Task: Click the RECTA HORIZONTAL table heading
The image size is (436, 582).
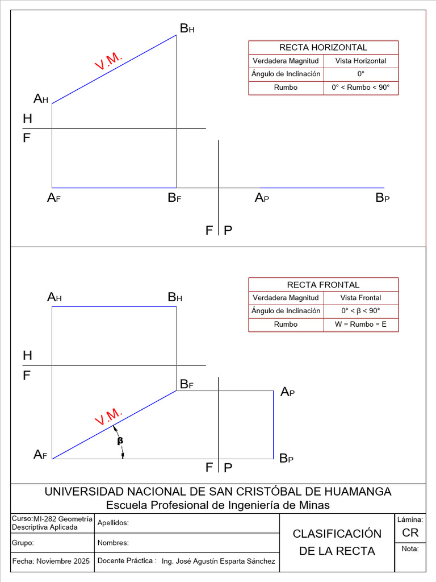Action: click(x=323, y=48)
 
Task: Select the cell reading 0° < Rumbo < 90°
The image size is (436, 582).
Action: click(x=360, y=88)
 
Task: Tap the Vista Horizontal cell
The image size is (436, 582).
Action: click(x=360, y=61)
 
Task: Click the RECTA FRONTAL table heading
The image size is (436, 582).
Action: click(x=323, y=285)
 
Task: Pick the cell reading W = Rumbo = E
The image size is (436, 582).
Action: click(x=360, y=325)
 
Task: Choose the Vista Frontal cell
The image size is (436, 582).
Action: click(x=360, y=298)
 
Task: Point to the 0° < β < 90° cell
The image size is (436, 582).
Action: click(x=360, y=311)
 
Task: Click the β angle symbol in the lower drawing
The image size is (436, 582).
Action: click(x=120, y=440)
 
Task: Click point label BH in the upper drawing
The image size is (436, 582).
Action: click(x=187, y=28)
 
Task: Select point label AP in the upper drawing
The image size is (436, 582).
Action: click(x=262, y=198)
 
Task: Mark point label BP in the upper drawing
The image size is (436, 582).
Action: click(x=382, y=198)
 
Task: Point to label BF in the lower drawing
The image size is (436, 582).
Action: click(x=187, y=385)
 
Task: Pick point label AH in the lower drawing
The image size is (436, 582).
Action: click(x=54, y=297)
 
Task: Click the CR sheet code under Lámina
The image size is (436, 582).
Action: click(x=410, y=533)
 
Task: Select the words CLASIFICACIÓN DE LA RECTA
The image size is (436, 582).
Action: click(x=337, y=542)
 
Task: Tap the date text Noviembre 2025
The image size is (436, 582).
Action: click(x=62, y=562)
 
